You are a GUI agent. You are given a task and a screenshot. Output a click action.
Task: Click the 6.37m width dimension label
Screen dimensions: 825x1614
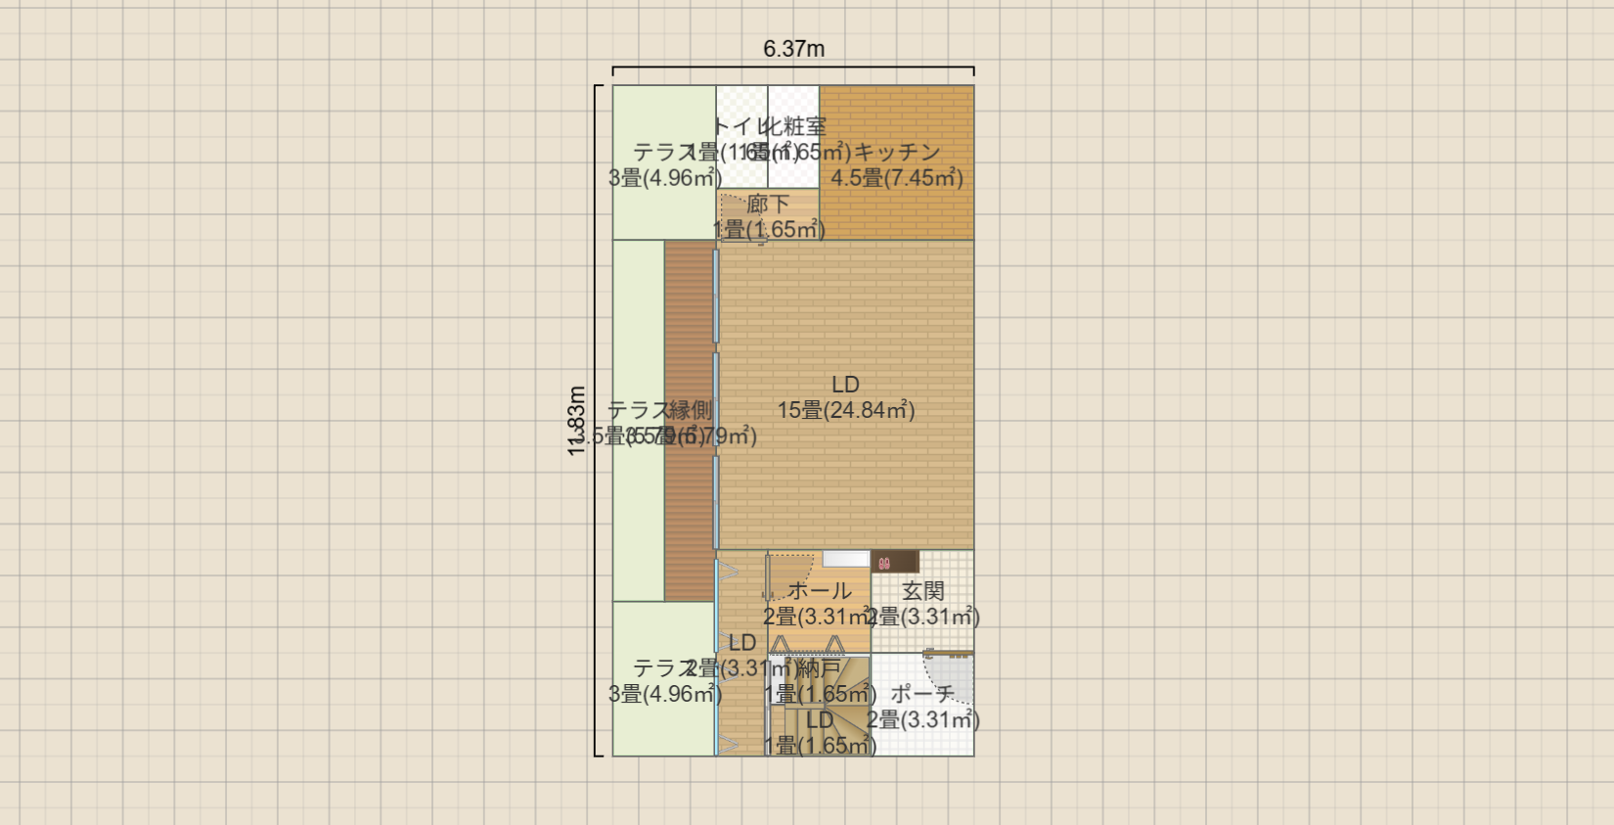point(793,49)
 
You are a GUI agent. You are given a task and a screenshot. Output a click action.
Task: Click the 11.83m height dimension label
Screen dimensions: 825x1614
point(577,421)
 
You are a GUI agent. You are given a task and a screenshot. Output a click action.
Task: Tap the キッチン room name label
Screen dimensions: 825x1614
point(897,153)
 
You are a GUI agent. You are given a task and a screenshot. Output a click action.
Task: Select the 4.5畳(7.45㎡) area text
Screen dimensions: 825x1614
point(897,178)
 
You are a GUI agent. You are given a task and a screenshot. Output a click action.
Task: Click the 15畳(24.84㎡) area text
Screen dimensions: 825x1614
point(846,410)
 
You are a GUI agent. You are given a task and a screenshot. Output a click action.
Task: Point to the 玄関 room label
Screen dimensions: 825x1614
point(922,591)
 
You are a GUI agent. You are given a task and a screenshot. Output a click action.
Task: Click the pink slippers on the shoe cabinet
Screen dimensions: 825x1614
point(884,563)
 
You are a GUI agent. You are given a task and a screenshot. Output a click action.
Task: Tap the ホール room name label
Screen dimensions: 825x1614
point(819,591)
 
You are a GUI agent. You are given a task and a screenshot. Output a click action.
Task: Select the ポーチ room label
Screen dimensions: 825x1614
point(922,694)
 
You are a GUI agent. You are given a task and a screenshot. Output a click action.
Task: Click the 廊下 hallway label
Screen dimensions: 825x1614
point(768,205)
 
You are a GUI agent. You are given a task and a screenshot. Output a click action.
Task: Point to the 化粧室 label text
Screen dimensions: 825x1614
point(794,126)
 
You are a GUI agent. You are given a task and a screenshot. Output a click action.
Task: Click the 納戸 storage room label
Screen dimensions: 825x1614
point(819,668)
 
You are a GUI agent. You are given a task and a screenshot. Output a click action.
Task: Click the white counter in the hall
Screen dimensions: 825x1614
point(845,559)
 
